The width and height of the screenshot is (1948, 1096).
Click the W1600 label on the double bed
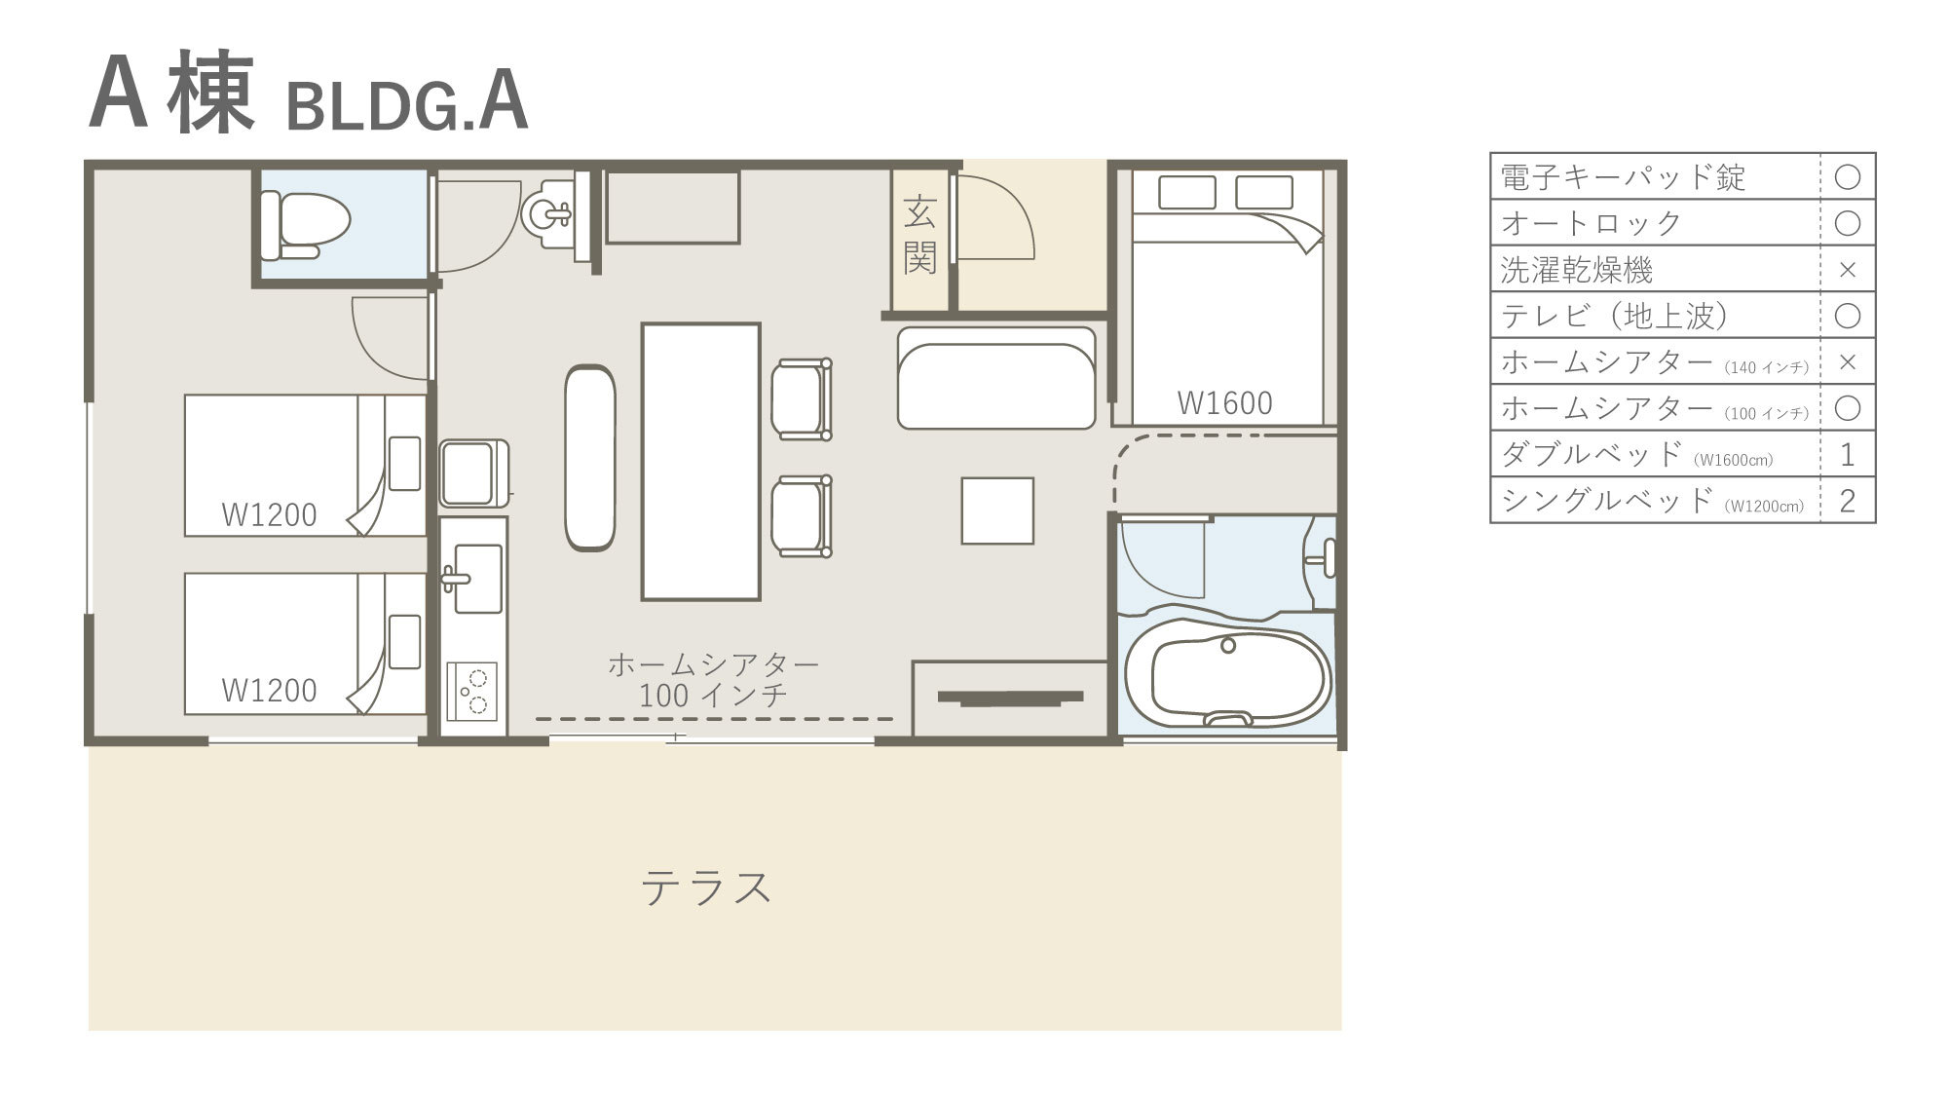(1224, 402)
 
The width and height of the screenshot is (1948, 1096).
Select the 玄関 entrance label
(919, 234)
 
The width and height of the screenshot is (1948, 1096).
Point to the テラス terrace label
(706, 888)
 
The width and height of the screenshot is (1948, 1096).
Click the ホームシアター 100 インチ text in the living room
(714, 680)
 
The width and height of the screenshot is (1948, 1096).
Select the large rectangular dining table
(700, 462)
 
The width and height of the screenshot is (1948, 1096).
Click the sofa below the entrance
(996, 378)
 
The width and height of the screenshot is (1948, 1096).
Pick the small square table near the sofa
(997, 510)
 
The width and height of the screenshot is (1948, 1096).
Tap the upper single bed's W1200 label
(269, 514)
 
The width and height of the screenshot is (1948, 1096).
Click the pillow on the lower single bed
(405, 641)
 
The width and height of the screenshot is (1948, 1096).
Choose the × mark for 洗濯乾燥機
(1847, 270)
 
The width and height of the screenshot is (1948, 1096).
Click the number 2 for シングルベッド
(1847, 501)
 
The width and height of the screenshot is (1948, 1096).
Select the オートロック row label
(1592, 223)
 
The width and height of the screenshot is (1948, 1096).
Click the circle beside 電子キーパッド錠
(1847, 176)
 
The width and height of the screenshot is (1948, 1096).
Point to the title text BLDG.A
(407, 106)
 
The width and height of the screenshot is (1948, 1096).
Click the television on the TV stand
(1010, 698)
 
